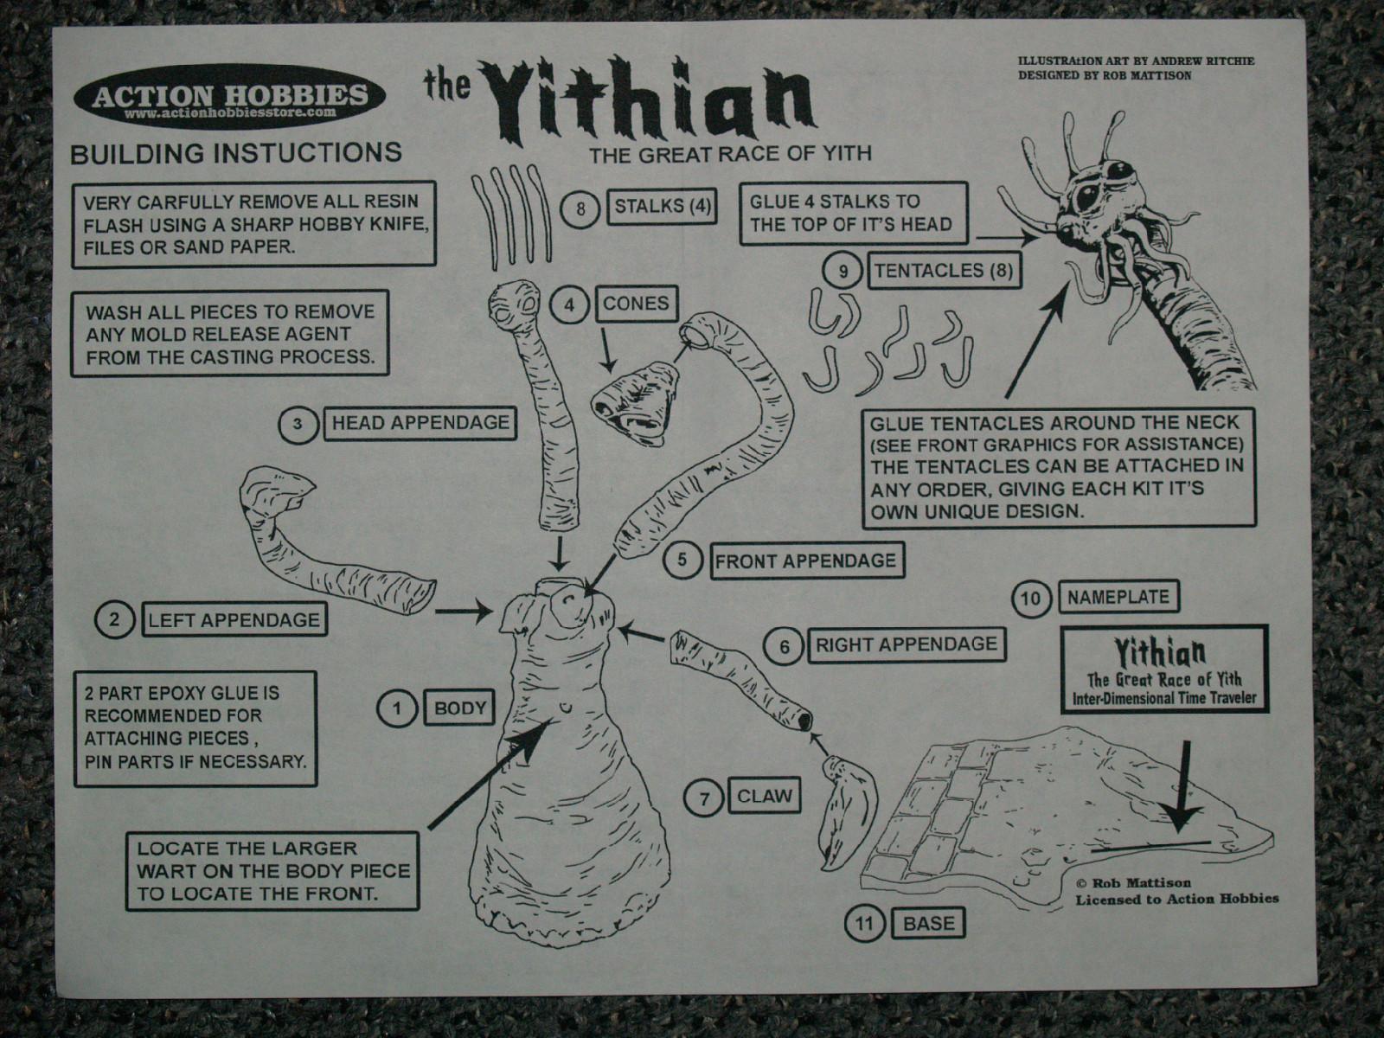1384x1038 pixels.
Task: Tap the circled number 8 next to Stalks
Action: pos(580,208)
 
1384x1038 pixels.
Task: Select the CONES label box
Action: pos(636,304)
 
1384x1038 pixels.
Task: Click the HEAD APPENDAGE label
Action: pos(420,424)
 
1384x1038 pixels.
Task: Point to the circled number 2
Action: pos(115,619)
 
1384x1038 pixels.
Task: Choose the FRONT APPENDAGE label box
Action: pos(805,561)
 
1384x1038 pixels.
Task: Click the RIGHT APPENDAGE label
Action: pos(906,644)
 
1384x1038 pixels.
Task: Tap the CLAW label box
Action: pos(764,796)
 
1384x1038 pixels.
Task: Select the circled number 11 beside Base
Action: pos(865,924)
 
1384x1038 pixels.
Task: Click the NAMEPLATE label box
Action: pos(1118,598)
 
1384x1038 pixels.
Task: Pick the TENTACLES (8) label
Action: pos(942,271)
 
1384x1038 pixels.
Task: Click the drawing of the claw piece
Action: pos(848,809)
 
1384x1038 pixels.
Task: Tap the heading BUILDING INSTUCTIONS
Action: pos(235,153)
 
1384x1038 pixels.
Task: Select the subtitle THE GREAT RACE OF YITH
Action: pos(730,155)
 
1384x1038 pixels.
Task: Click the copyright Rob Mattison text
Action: pos(1133,883)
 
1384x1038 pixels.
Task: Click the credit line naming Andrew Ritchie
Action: pos(1136,61)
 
